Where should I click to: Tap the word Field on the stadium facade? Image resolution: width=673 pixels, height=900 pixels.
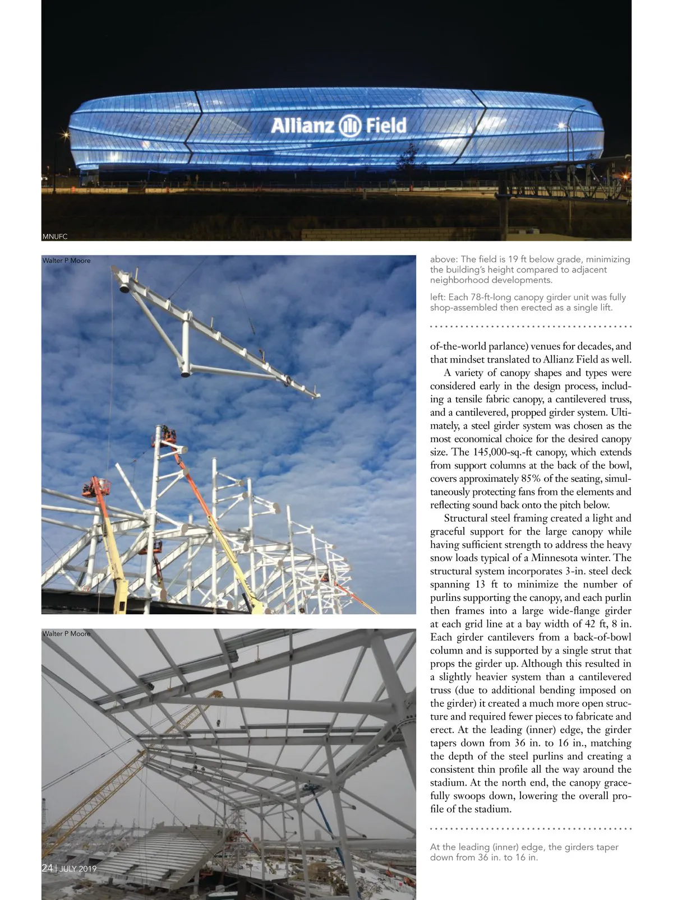click(x=386, y=126)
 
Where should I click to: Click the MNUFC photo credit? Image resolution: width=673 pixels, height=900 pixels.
click(x=55, y=236)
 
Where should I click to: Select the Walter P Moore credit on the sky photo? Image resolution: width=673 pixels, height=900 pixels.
click(x=66, y=261)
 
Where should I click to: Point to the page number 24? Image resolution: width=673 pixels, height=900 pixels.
click(x=47, y=868)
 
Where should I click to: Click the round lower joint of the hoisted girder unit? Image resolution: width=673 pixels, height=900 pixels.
click(x=183, y=372)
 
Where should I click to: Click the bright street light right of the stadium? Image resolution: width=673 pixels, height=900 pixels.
click(x=561, y=126)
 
